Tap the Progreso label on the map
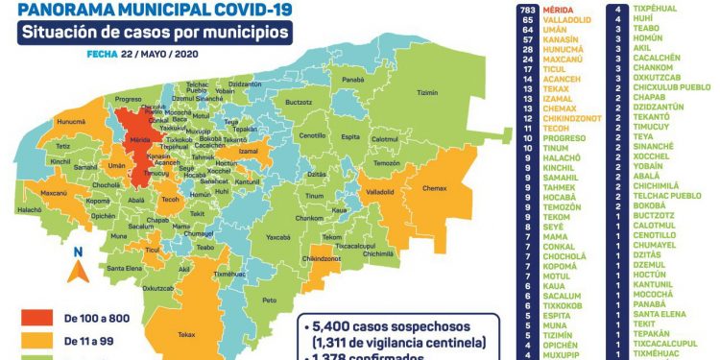click(128, 99)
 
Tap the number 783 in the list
click(526, 8)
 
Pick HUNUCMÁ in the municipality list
click(563, 50)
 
